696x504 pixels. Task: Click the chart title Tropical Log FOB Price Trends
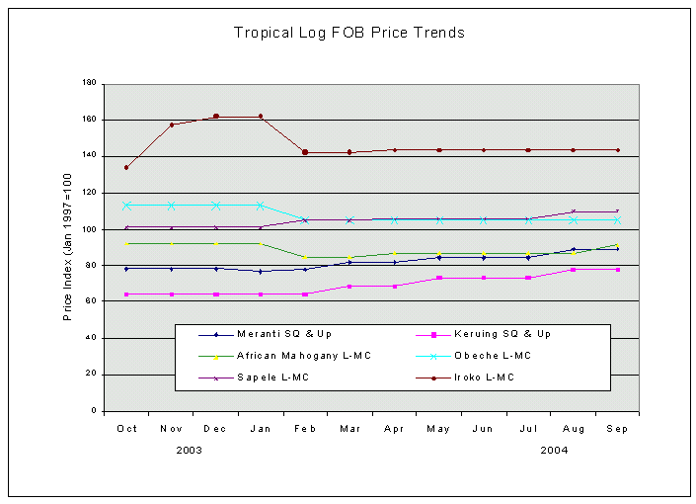(348, 33)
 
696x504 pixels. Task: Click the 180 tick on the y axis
(90, 84)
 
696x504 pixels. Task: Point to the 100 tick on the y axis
(90, 229)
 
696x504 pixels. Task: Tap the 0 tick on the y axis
(94, 410)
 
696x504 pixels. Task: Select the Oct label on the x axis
(126, 429)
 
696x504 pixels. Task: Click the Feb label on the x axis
(305, 429)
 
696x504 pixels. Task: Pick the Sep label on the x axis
(617, 429)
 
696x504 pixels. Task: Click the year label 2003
(190, 450)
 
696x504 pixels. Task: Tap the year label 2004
(554, 450)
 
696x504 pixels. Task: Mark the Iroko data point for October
(126, 167)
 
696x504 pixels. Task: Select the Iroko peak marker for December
(216, 117)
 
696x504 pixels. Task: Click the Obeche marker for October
(126, 206)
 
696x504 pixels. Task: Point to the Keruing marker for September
(617, 269)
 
